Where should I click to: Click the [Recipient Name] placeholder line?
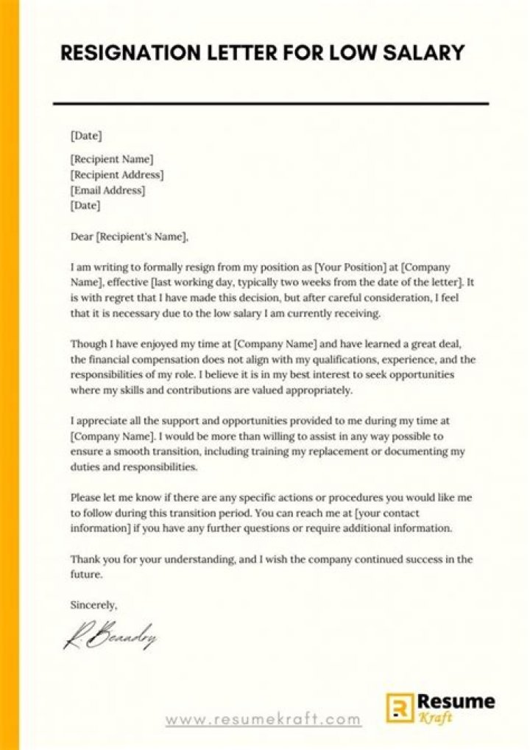pos(112,158)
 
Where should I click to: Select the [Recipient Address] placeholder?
pos(116,175)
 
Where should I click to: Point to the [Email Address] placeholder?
pos(107,190)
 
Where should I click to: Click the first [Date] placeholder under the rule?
pos(85,136)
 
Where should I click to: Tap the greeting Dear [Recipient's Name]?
pos(130,236)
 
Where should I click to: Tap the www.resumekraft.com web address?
pos(263,720)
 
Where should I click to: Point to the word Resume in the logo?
pos(456,701)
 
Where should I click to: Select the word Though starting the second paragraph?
pos(88,344)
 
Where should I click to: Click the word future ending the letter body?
pos(85,574)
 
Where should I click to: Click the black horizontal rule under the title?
pos(271,104)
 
